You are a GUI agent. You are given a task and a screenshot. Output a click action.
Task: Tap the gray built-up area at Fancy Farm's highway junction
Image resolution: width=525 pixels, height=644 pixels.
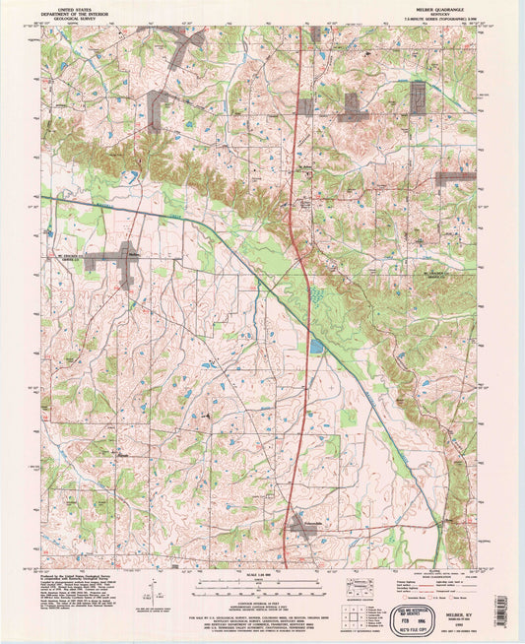coord(301,530)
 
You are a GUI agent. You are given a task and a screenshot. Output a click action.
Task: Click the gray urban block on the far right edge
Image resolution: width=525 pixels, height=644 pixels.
coord(455,179)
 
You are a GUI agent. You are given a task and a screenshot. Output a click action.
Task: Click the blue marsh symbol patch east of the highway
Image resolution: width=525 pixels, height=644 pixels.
coord(316,293)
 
